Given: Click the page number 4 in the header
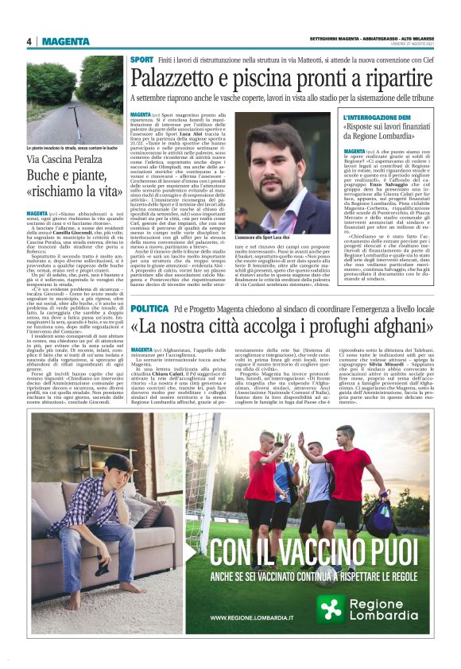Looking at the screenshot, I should [x=29, y=42].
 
